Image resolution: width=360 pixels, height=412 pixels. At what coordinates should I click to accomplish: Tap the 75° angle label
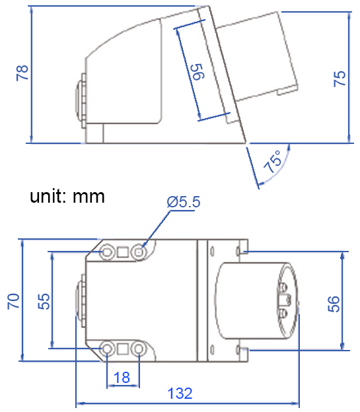(271, 162)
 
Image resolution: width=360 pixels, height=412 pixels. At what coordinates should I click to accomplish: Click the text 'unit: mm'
(67, 196)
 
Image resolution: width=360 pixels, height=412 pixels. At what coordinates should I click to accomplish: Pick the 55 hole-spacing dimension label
(43, 301)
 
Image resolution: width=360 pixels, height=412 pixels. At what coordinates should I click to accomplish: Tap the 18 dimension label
(122, 377)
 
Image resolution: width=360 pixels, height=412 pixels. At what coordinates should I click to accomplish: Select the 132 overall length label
(180, 394)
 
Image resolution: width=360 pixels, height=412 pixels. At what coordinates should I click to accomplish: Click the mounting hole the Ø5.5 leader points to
(139, 252)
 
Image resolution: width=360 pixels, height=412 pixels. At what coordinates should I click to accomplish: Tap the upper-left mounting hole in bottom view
(107, 252)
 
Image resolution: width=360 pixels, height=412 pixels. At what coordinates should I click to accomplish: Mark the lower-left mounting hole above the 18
(107, 348)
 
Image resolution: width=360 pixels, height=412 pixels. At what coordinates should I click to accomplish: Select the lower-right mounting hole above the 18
(139, 348)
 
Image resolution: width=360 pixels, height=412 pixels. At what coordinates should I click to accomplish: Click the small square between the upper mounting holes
(123, 252)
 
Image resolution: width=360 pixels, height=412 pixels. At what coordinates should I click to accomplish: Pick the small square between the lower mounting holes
(123, 348)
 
